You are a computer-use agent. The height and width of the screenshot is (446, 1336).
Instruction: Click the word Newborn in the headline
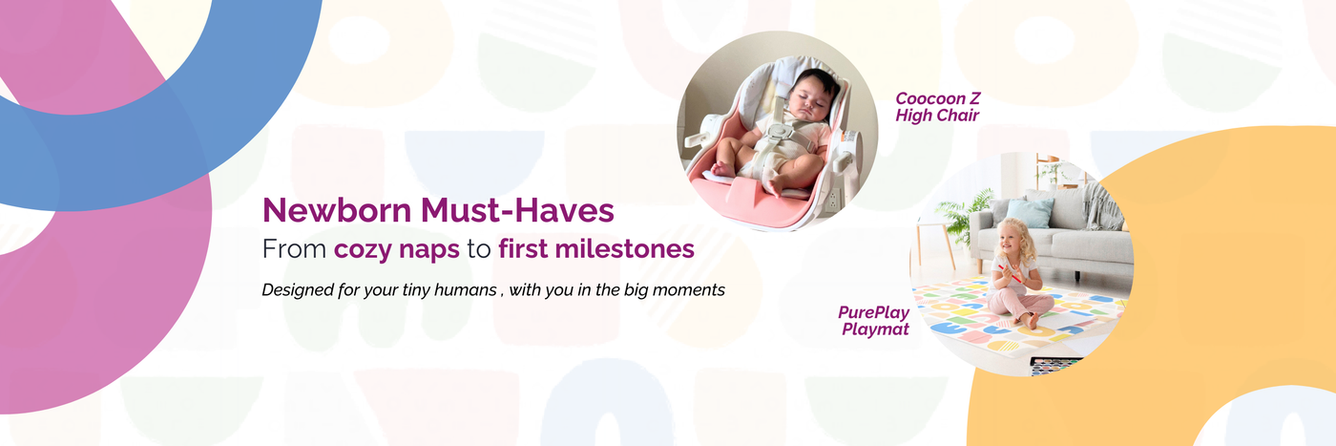click(337, 210)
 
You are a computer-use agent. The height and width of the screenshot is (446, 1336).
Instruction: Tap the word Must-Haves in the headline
click(517, 210)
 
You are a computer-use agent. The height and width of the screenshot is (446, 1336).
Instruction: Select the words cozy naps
click(397, 249)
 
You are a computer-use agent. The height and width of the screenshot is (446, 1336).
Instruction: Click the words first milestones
click(596, 249)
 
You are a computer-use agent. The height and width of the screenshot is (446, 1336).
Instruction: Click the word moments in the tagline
click(689, 290)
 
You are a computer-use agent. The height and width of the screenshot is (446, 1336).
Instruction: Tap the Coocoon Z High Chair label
click(937, 107)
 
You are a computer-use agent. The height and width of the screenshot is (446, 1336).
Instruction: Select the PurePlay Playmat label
click(874, 321)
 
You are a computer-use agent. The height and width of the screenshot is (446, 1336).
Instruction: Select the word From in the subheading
click(294, 249)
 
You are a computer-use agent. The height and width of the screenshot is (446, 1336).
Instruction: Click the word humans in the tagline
click(465, 290)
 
